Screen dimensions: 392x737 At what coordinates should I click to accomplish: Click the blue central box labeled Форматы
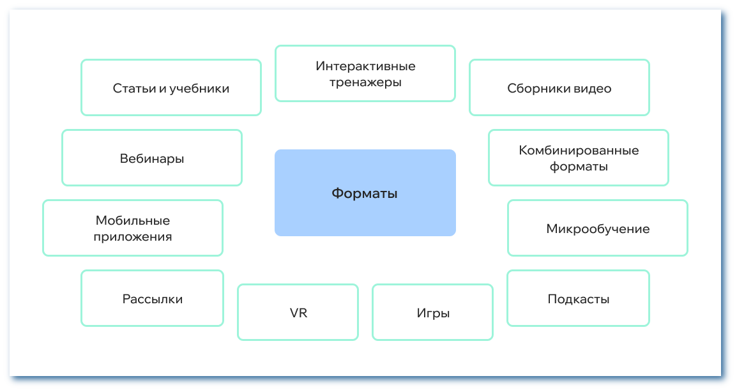365,193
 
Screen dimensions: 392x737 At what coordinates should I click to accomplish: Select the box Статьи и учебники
171,87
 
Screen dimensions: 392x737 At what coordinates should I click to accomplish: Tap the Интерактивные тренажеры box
365,73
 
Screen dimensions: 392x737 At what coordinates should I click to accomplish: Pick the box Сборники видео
559,87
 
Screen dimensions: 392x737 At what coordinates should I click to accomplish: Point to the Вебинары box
151,158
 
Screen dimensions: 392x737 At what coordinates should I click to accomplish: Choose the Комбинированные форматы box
578,158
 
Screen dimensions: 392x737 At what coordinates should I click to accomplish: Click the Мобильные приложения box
132,228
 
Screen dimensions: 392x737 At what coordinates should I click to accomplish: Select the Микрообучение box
597,228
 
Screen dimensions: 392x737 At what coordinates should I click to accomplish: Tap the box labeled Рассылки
152,298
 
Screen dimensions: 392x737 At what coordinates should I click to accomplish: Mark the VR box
298,312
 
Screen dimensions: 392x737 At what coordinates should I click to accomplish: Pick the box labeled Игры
432,312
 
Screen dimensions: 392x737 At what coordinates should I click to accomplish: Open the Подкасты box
578,298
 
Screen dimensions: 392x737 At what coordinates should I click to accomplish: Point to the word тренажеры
365,82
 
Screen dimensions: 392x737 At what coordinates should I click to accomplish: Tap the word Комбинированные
579,151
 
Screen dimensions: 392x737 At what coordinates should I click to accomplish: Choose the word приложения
133,237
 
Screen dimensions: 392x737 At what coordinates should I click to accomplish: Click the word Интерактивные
365,66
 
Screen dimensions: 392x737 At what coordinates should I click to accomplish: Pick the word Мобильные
133,220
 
